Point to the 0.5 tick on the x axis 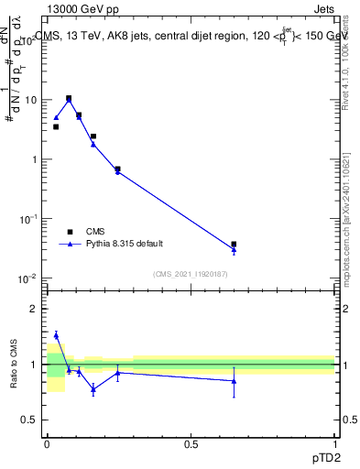(191, 443)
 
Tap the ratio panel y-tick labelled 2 (35, 309)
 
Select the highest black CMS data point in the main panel (69, 98)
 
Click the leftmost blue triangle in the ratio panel (56, 335)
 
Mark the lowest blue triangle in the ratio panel (93, 389)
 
